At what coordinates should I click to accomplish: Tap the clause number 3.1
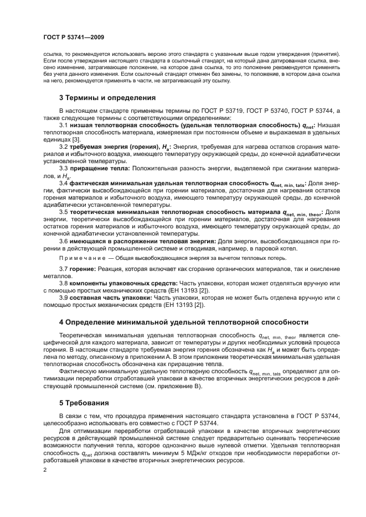[64, 125]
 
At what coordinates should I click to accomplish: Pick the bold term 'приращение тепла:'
[100, 168]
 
